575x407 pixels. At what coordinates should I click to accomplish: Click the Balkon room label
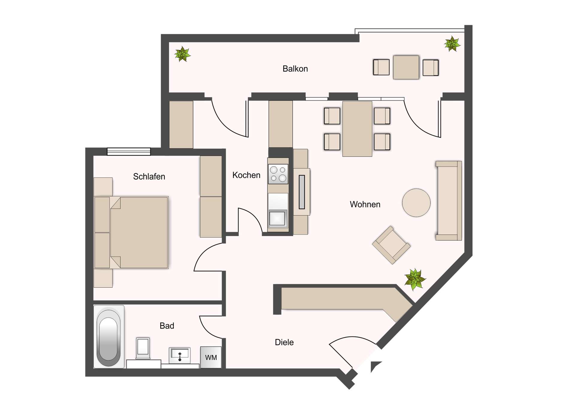point(295,69)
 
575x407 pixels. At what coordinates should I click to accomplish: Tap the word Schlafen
point(149,176)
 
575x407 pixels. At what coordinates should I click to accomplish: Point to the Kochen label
point(246,175)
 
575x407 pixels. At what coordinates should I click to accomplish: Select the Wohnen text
point(365,204)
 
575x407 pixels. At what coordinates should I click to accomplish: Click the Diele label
point(284,342)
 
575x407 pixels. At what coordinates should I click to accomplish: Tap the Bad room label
point(167,326)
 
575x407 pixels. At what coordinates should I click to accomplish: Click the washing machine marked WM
point(211,357)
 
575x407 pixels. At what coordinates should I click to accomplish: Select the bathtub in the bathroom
point(109,337)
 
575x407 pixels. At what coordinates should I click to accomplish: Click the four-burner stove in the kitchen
point(278,174)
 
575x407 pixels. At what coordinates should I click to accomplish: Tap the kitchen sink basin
point(278,218)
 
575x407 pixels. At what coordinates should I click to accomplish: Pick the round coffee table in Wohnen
point(416,203)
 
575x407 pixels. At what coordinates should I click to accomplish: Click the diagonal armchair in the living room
point(391,245)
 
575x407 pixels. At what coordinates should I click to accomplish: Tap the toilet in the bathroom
point(143,348)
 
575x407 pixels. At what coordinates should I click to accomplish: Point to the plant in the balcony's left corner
point(182,54)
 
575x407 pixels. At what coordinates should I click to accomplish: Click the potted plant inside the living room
point(415,279)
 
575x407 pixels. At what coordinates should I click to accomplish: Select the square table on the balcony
point(406,67)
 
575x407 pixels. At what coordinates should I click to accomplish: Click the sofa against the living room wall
point(448,201)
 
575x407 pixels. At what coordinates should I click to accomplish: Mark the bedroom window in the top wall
point(129,151)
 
